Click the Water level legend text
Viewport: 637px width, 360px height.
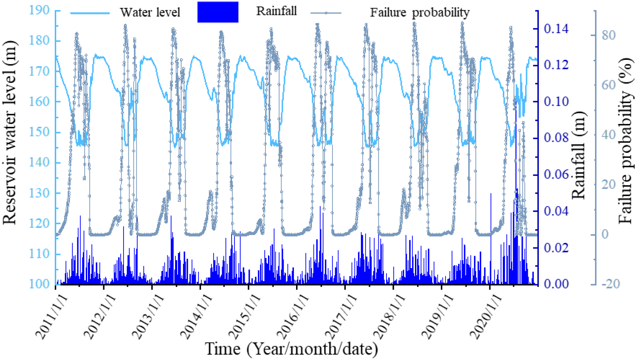150,12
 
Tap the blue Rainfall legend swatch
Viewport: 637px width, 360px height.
218,12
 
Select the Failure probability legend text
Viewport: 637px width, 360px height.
420,12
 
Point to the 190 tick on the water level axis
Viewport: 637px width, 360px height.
39,10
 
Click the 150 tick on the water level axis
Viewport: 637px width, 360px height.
39,132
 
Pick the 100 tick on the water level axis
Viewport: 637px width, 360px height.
39,284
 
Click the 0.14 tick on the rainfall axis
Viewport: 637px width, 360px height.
556,28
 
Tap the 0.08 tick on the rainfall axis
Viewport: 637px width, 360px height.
556,138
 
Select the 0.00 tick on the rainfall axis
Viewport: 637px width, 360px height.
556,284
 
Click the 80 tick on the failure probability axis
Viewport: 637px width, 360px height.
609,35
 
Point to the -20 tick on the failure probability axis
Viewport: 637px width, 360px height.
610,284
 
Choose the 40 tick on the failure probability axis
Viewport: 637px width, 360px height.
609,135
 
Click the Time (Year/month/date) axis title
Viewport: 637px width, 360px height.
291,349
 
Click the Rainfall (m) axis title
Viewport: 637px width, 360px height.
578,155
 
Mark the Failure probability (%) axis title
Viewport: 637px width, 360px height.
626,141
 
